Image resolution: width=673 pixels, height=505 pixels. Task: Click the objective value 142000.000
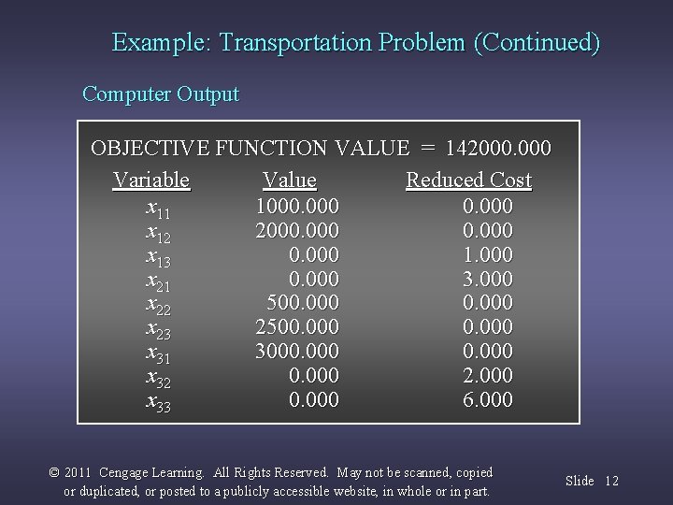pyautogui.click(x=499, y=148)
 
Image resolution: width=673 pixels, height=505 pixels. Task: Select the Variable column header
pyautogui.click(x=151, y=180)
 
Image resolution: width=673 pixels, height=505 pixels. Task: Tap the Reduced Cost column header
pyautogui.click(x=468, y=180)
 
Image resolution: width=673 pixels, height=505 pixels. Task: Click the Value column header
pyautogui.click(x=289, y=180)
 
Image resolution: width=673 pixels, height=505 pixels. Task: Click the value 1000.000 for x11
pyautogui.click(x=297, y=205)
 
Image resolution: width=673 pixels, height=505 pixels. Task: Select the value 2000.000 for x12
pyautogui.click(x=297, y=229)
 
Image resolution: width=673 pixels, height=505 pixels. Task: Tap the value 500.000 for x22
pyautogui.click(x=302, y=303)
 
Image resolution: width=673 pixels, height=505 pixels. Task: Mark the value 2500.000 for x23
pyautogui.click(x=297, y=327)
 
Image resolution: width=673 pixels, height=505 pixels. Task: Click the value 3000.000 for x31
pyautogui.click(x=297, y=352)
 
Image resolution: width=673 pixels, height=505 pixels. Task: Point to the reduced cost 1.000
pyautogui.click(x=487, y=254)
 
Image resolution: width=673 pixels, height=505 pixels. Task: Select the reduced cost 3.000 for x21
pyautogui.click(x=487, y=279)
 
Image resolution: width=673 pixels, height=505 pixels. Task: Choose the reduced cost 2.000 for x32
pyautogui.click(x=487, y=376)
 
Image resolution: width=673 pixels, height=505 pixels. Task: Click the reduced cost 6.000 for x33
pyautogui.click(x=487, y=400)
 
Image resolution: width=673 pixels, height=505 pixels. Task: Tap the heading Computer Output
pyautogui.click(x=161, y=94)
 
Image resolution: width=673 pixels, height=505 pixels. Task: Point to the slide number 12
pyautogui.click(x=611, y=481)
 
